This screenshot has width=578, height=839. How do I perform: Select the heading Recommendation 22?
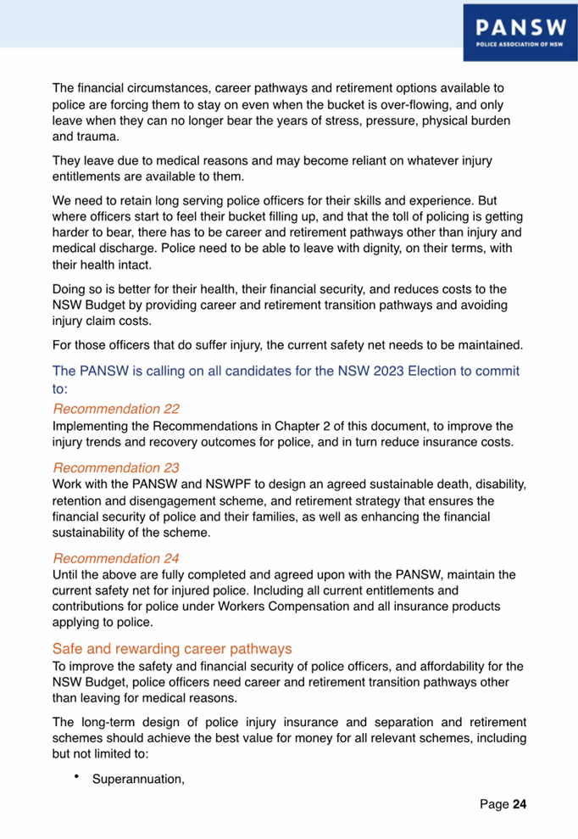116,409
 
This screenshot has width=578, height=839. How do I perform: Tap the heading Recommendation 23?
117,467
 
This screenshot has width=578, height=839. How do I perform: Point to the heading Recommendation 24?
117,558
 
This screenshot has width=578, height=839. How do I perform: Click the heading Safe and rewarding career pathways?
173,648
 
